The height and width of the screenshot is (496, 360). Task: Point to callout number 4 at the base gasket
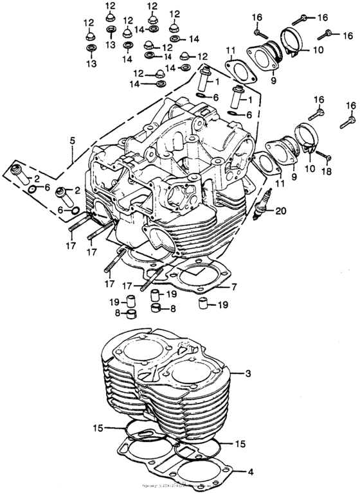[250, 472]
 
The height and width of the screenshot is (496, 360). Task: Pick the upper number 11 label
[230, 49]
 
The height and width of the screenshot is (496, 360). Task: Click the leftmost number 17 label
[71, 244]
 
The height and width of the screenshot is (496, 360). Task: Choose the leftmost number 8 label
[118, 314]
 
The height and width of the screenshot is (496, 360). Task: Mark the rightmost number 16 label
[351, 105]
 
